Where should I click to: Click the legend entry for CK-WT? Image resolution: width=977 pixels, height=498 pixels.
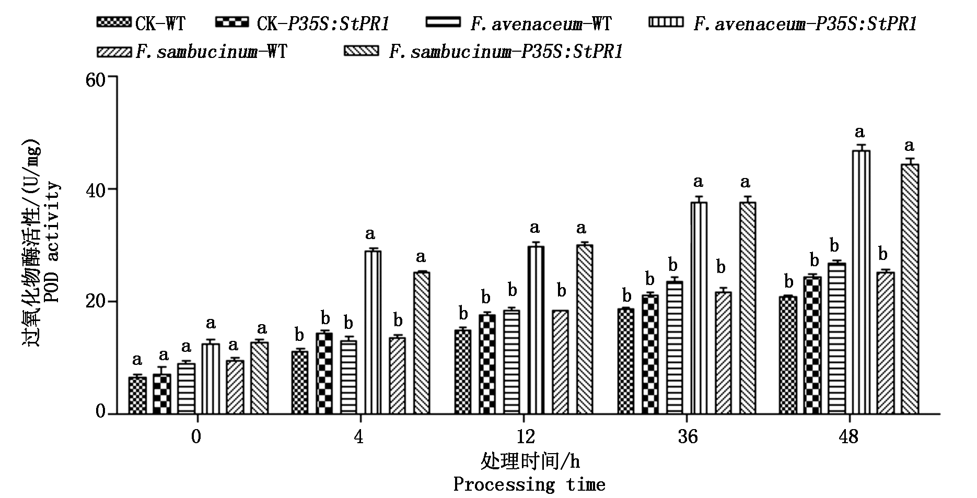(141, 23)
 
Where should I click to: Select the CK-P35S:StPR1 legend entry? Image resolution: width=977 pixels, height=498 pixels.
(303, 23)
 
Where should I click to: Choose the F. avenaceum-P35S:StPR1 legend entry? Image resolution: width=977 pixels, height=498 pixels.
(784, 23)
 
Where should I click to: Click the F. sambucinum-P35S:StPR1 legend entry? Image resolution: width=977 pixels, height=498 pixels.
(483, 52)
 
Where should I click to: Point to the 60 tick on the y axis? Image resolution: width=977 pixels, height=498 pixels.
(99, 78)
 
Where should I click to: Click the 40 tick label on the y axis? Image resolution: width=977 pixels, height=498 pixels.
(99, 189)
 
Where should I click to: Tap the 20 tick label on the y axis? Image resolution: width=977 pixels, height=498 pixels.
(99, 302)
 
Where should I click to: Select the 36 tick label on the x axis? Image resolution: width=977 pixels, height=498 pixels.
(688, 436)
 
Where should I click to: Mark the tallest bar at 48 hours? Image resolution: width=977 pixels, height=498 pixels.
(861, 282)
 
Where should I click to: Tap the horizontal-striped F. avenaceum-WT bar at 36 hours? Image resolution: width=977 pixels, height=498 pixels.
(674, 348)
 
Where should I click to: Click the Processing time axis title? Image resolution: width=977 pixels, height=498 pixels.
(529, 484)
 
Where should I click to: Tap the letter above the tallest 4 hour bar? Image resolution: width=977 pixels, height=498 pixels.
(370, 233)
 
